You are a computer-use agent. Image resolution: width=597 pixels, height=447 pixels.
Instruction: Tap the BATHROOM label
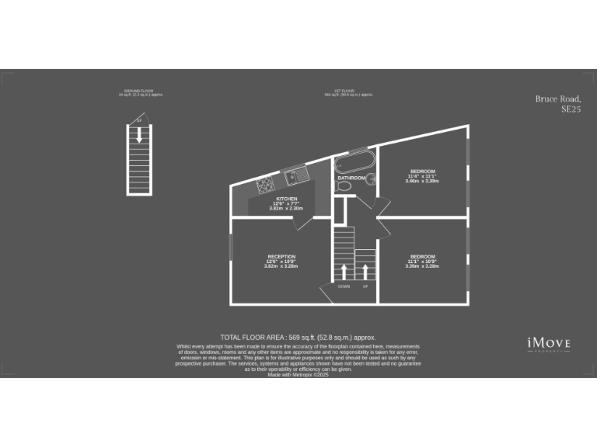click(x=351, y=178)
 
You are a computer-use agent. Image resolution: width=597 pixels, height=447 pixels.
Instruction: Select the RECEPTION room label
click(x=281, y=257)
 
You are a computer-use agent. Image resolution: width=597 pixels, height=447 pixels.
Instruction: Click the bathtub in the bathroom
click(x=354, y=163)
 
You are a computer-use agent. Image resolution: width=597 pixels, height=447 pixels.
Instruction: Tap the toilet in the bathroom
click(x=372, y=181)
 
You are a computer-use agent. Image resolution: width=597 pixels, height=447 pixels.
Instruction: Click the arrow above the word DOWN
click(x=344, y=272)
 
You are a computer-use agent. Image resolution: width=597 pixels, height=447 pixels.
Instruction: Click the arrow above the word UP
click(x=365, y=272)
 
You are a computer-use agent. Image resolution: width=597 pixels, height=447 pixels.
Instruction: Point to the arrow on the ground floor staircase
click(x=139, y=135)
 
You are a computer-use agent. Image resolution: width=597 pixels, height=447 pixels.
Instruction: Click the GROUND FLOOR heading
click(x=140, y=92)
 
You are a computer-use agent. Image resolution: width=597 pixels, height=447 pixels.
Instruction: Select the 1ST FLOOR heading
click(x=349, y=92)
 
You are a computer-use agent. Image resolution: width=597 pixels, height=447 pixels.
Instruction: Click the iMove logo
click(x=549, y=343)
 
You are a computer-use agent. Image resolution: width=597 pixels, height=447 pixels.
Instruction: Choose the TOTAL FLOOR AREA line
click(x=298, y=338)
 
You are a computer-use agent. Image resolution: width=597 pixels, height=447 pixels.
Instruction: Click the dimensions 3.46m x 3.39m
click(x=423, y=181)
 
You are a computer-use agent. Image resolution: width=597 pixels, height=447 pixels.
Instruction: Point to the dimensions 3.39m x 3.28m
click(x=423, y=266)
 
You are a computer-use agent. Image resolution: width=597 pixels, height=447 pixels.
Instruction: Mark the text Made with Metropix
click(x=298, y=374)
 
